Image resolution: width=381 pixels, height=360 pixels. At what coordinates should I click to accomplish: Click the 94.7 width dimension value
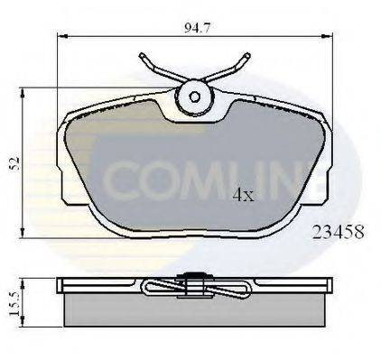pos(197,28)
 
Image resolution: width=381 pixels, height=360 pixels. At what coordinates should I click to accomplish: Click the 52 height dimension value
pos(15,163)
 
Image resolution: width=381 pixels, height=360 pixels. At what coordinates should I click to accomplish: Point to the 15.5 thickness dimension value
pos(14,304)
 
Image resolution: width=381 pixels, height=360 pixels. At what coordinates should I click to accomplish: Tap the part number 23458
pos(339,232)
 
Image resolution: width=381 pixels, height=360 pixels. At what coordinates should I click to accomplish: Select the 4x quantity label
pos(244,195)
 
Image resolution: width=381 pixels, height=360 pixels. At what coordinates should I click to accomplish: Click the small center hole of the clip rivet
pos(194,97)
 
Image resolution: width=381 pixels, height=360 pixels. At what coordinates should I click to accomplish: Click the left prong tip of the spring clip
pos(142,56)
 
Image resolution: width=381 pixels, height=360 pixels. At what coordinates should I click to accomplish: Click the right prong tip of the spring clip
pos(247,56)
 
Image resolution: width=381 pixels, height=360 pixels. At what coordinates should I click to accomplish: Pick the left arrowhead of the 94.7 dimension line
pos(61,36)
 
